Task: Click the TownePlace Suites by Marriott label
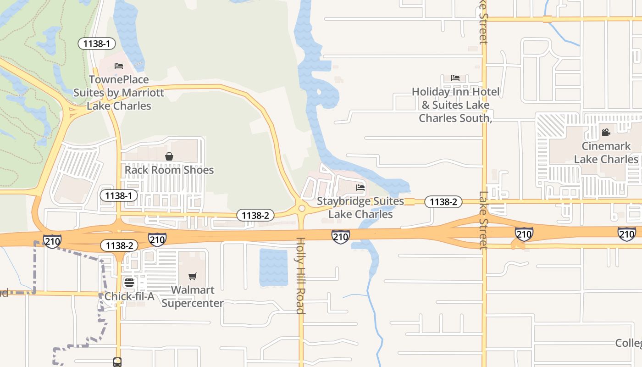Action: pyautogui.click(x=119, y=93)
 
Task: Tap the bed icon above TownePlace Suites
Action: pyautogui.click(x=119, y=66)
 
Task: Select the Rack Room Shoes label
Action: pyautogui.click(x=169, y=170)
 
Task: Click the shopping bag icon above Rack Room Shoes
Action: pyautogui.click(x=169, y=156)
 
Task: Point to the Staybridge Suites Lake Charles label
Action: pyautogui.click(x=360, y=207)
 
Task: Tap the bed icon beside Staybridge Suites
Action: pyautogui.click(x=360, y=187)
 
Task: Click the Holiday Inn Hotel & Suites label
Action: pyautogui.click(x=455, y=105)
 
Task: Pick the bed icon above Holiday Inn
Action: pyautogui.click(x=455, y=78)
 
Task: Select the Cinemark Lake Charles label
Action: pyautogui.click(x=606, y=153)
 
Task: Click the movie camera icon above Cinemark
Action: pyautogui.click(x=606, y=133)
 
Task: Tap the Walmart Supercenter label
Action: pyautogui.click(x=193, y=296)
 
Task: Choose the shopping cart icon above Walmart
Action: pyautogui.click(x=193, y=277)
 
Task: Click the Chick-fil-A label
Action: pyautogui.click(x=129, y=296)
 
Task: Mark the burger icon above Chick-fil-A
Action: pyautogui.click(x=129, y=282)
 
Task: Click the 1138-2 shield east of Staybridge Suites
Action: pyautogui.click(x=443, y=202)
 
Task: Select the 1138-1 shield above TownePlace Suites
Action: pyautogui.click(x=96, y=44)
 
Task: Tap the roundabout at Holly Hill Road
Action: pyautogui.click(x=301, y=209)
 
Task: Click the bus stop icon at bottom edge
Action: pyautogui.click(x=117, y=362)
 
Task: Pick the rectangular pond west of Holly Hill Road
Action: pyautogui.click(x=274, y=267)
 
